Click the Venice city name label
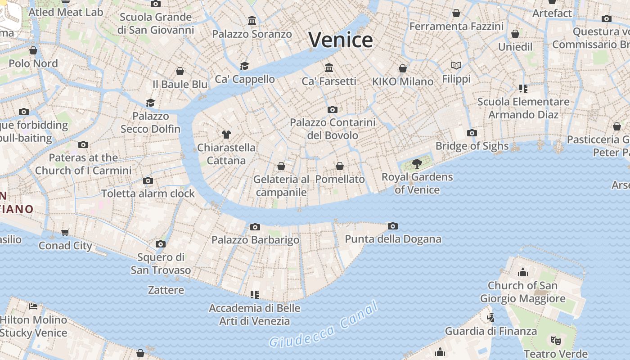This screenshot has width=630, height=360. point(341,40)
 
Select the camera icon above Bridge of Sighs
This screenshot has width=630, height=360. point(472,133)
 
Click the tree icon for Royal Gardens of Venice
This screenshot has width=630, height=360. point(417,163)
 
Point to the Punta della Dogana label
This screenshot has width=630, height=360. point(393,239)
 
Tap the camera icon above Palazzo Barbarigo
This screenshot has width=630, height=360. point(255,227)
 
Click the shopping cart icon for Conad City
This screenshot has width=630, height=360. point(65,232)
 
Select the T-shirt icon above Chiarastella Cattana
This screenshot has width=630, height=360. point(226,134)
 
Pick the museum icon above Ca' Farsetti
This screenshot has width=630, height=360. point(329,67)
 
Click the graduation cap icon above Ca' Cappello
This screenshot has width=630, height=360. point(244,66)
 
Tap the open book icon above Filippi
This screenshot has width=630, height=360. point(456,65)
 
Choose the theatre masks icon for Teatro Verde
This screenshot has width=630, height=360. point(556,340)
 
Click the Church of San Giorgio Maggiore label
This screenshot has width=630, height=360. point(522,292)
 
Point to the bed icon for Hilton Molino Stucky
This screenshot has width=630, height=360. point(33,306)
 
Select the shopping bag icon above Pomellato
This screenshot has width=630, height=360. point(340,166)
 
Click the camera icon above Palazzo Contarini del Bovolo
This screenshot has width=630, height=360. point(333,109)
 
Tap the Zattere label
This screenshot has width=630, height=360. point(166,290)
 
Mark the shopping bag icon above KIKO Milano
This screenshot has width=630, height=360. point(403,68)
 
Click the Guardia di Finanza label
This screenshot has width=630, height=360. point(490,331)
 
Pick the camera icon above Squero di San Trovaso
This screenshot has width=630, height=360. point(161,244)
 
